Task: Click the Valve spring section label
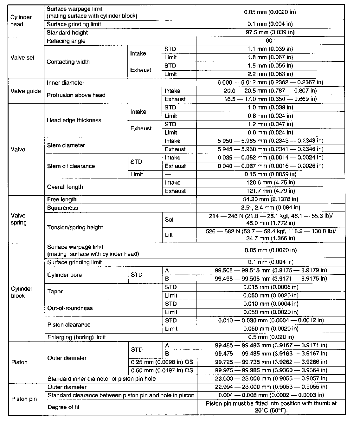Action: [x=18, y=219]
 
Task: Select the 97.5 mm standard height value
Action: [x=270, y=32]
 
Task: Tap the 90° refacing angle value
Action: [x=270, y=41]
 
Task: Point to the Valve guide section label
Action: [x=26, y=91]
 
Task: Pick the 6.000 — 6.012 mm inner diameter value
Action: [x=270, y=82]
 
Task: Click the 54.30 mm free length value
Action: [x=271, y=199]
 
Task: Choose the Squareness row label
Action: [x=62, y=208]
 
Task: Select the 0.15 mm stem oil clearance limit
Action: [x=270, y=174]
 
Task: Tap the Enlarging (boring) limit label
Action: [x=76, y=337]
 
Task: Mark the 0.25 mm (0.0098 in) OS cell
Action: [x=162, y=362]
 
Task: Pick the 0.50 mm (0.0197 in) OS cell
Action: [x=162, y=370]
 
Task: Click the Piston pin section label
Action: [x=24, y=399]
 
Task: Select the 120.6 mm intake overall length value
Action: [x=270, y=183]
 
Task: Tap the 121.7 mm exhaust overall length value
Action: [x=270, y=191]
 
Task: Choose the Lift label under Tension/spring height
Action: [x=169, y=235]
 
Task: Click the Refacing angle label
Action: [x=66, y=41]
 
